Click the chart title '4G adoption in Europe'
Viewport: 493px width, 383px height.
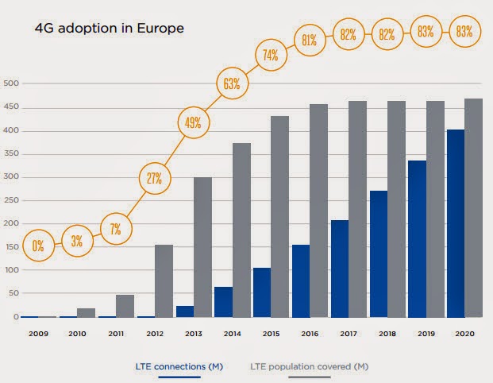tap(109, 29)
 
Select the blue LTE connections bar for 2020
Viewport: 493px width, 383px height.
tap(456, 223)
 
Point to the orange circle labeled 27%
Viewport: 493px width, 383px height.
tap(153, 177)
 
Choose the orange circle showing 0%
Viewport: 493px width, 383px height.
tap(37, 244)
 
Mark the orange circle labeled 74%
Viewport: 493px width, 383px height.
tap(269, 55)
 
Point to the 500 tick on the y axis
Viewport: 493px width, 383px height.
tap(10, 83)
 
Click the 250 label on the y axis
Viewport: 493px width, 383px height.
tap(10, 200)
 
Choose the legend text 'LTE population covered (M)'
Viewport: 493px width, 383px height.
tap(310, 366)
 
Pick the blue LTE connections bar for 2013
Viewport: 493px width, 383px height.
tap(184, 311)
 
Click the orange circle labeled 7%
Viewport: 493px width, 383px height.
tap(116, 230)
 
